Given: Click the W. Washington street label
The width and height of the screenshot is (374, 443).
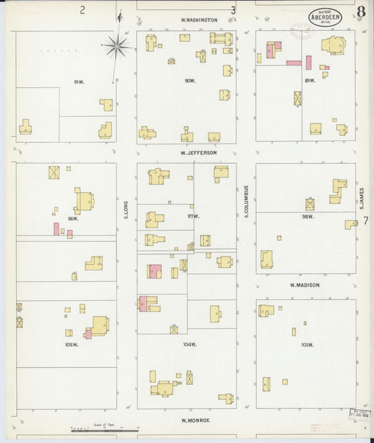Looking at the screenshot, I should [x=199, y=20].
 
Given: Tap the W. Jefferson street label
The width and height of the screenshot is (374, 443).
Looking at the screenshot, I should [x=198, y=152].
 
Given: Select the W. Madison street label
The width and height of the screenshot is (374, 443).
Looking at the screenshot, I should [x=305, y=285].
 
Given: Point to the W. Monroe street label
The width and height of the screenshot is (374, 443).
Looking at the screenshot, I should [x=196, y=421].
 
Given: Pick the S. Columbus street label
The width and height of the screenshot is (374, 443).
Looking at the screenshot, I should [x=247, y=201].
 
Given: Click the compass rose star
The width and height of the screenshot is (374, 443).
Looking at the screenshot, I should [x=116, y=47].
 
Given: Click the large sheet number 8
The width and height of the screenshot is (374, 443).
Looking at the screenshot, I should [x=361, y=11].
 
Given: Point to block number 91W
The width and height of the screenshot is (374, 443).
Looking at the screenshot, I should [x=79, y=83].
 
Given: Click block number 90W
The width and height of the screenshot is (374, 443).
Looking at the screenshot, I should [x=189, y=81].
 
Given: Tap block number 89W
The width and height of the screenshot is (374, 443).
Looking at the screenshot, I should [x=309, y=81].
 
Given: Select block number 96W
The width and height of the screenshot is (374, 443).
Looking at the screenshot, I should [x=72, y=219].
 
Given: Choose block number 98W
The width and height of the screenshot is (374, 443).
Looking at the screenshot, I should [x=307, y=217].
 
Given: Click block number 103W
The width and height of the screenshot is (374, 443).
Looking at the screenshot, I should [x=307, y=345].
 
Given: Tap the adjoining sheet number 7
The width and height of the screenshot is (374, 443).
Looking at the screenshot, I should [x=365, y=221].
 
